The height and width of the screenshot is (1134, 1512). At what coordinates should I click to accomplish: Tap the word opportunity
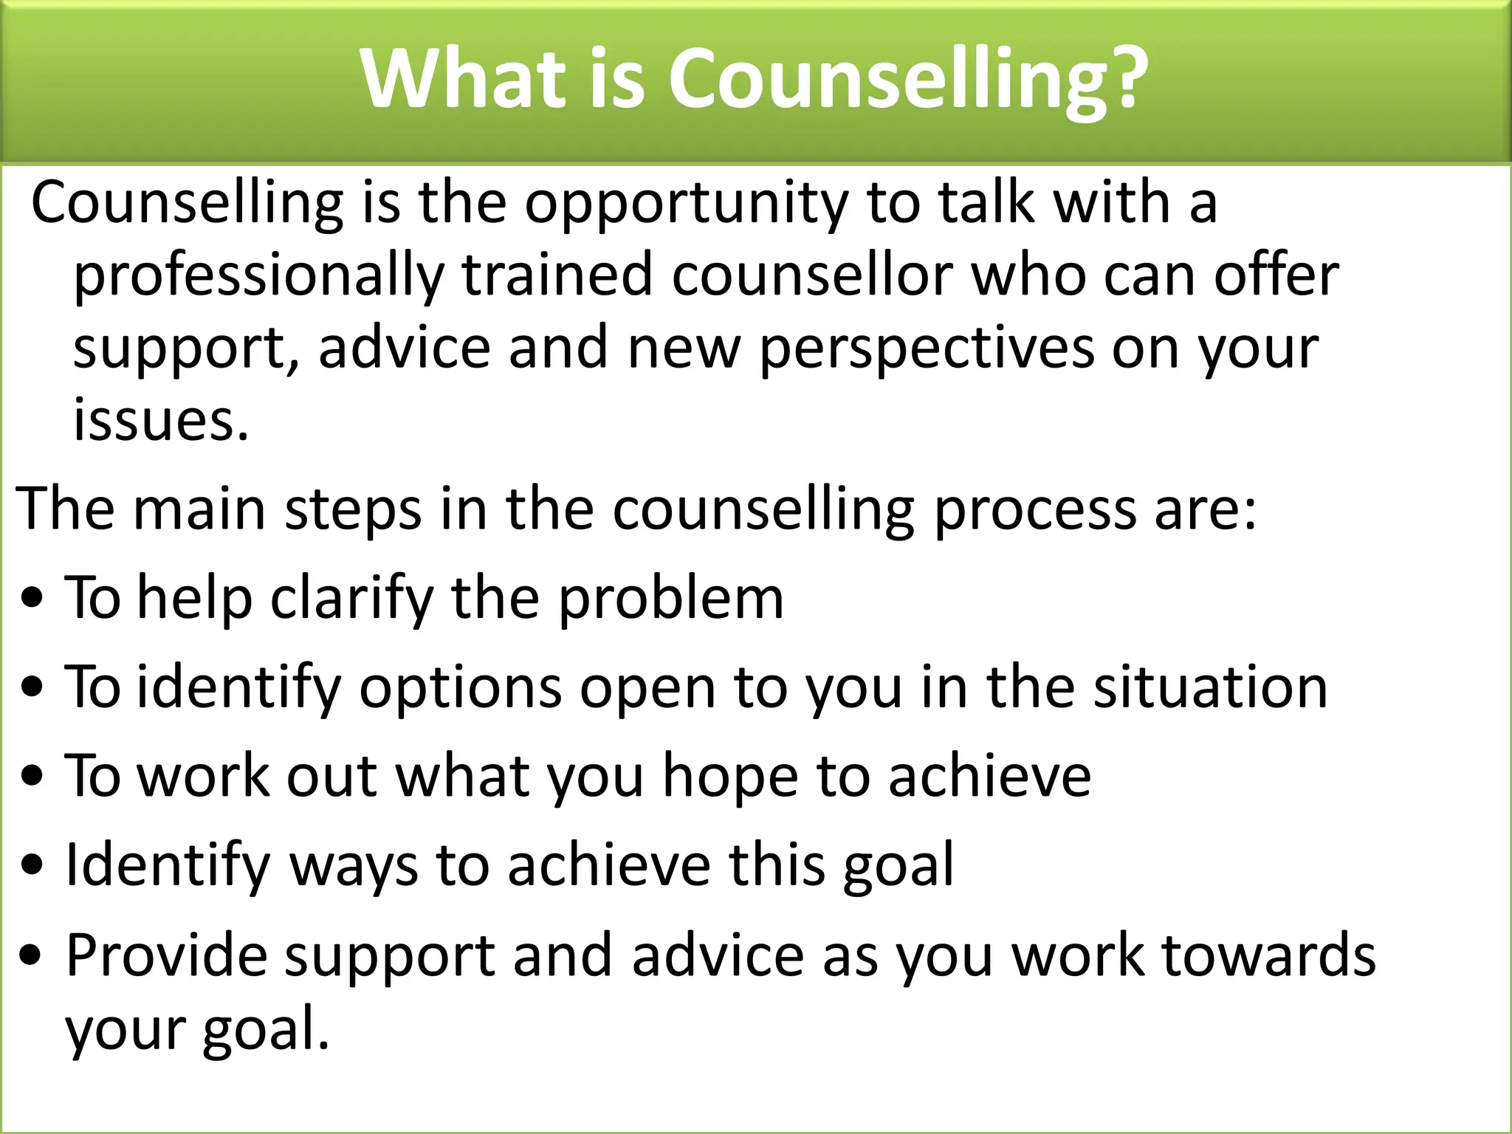click(x=687, y=205)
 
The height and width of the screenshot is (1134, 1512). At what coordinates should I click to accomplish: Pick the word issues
click(x=160, y=419)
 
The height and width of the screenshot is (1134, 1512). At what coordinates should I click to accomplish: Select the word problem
click(x=670, y=598)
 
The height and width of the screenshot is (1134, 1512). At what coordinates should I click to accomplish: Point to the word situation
click(x=1210, y=687)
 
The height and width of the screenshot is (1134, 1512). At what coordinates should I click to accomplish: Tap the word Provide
click(x=166, y=955)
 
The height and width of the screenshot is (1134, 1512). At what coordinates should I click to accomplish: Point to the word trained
click(x=557, y=275)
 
